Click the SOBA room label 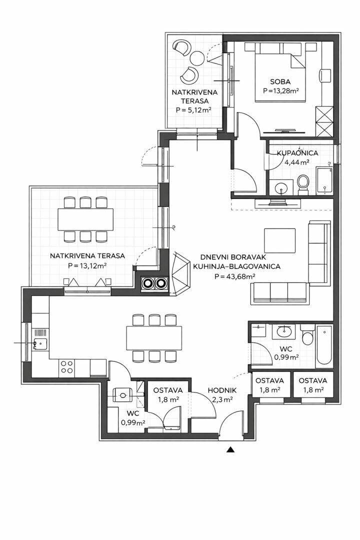(x=280, y=82)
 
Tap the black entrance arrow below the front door (x=231, y=449)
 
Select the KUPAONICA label (x=297, y=153)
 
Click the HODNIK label (x=222, y=390)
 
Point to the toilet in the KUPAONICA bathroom (x=303, y=183)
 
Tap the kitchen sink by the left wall (x=40, y=343)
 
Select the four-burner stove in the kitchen (x=67, y=367)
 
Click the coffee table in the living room (x=279, y=240)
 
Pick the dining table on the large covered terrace (x=85, y=219)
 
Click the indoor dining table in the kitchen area (x=154, y=337)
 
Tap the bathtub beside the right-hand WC (x=324, y=346)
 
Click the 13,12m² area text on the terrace (x=87, y=266)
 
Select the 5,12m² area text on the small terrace (x=193, y=110)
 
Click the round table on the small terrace (x=197, y=57)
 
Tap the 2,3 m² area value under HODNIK (x=222, y=399)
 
